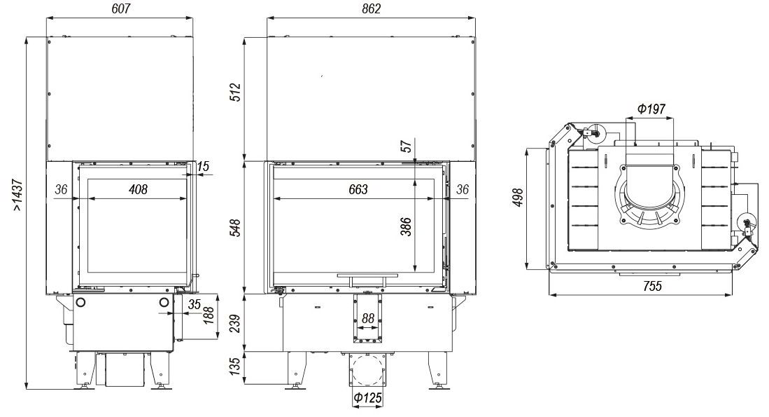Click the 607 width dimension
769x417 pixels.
click(120, 9)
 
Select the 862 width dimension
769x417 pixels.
click(372, 9)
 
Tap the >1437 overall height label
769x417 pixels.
click(17, 195)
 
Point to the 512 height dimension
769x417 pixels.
click(236, 93)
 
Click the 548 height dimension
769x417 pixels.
click(236, 228)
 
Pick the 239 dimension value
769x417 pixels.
click(236, 324)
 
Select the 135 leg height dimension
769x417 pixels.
click(236, 367)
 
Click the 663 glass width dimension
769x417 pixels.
click(358, 190)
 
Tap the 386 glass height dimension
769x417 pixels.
click(407, 226)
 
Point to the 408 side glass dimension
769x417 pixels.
click(138, 190)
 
